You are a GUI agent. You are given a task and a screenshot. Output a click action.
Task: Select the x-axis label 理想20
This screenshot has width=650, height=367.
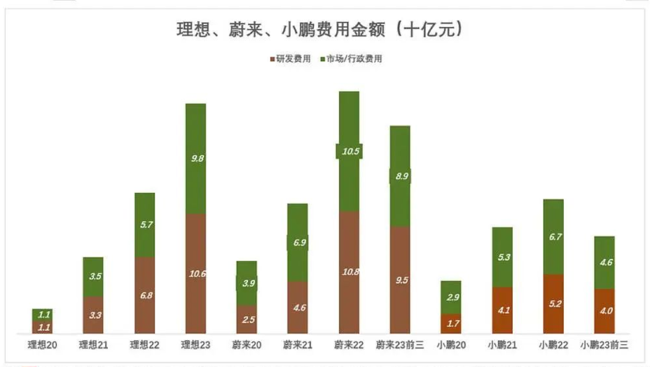tap(42, 345)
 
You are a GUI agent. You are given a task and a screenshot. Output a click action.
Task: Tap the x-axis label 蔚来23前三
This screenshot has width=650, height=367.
tap(400, 345)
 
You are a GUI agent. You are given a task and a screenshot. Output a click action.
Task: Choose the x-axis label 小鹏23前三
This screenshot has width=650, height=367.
tap(604, 345)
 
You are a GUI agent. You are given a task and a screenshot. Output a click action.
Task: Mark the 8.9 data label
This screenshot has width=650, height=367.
tap(400, 176)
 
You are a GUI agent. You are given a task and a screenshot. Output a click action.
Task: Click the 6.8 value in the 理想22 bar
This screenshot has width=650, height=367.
tap(145, 295)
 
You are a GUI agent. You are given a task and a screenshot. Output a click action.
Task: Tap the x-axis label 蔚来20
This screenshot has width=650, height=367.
tap(246, 345)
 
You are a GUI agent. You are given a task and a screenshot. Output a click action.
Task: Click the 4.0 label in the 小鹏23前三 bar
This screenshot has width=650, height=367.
tap(604, 311)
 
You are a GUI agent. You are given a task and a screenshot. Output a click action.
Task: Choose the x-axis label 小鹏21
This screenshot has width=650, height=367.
tap(502, 345)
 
